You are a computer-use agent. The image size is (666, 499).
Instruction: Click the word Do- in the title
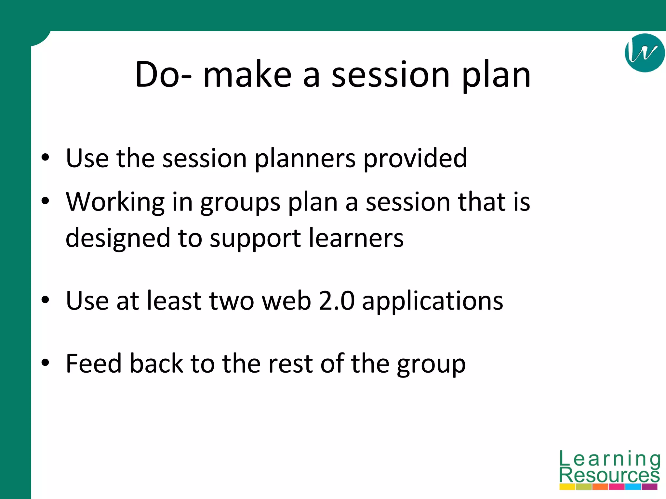coord(163,75)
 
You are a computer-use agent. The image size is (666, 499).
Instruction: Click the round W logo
coord(645,53)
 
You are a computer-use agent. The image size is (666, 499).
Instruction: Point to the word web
coord(286,301)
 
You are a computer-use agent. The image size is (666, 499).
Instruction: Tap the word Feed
coord(93,363)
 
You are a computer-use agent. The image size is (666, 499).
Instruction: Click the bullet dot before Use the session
coord(45,158)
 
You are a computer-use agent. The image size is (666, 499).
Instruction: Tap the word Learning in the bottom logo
coord(610,459)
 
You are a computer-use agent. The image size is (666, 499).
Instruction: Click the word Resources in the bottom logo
coord(609,475)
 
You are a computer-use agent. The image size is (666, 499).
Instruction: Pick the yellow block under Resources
coord(567,487)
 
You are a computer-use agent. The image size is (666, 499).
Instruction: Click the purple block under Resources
coord(649,487)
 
